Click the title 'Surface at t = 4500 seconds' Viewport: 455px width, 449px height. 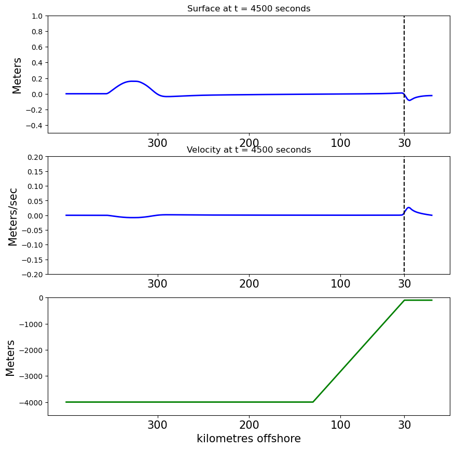pyautogui.click(x=249, y=8)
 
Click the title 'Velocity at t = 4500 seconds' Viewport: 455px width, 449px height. pyautogui.click(x=249, y=149)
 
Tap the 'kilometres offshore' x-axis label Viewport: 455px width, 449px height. pyautogui.click(x=249, y=438)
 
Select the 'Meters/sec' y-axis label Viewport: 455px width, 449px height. pyautogui.click(x=13, y=217)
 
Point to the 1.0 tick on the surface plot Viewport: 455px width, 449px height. pyautogui.click(x=37, y=16)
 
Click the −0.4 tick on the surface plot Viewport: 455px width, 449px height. pyautogui.click(x=34, y=126)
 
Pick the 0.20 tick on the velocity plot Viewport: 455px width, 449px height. pyautogui.click(x=35, y=157)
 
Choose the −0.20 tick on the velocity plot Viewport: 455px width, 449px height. pyautogui.click(x=32, y=274)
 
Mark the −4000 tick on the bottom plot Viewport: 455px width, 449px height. pyautogui.click(x=31, y=403)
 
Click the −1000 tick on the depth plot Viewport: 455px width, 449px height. pyautogui.click(x=31, y=324)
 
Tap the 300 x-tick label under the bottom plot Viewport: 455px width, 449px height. pyautogui.click(x=157, y=425)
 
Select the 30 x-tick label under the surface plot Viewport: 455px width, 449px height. pyautogui.click(x=404, y=143)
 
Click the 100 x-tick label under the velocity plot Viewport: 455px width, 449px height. pyautogui.click(x=340, y=283)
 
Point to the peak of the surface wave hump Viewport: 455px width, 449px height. pyautogui.click(x=133, y=81)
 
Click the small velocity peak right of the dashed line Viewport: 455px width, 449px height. pyautogui.click(x=409, y=208)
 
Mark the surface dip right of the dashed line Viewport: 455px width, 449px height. pyautogui.click(x=409, y=100)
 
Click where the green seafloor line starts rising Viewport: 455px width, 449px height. pyautogui.click(x=313, y=402)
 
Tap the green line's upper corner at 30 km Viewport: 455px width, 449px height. pyautogui.click(x=404, y=300)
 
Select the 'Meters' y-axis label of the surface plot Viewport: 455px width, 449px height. pyautogui.click(x=17, y=75)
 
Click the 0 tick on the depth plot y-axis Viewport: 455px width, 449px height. pyautogui.click(x=41, y=298)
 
